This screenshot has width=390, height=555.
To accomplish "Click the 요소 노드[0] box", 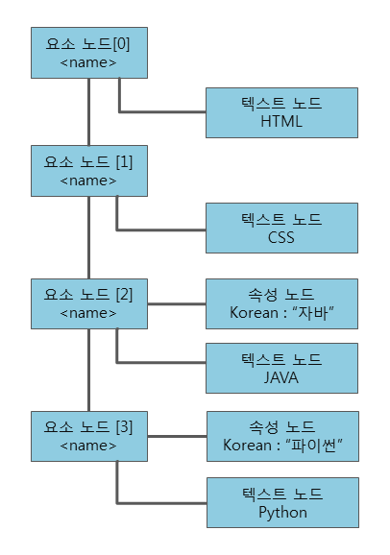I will tap(88, 54).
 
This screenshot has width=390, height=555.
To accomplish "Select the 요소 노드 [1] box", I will tap(88, 171).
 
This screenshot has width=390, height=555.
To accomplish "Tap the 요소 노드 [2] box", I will tap(88, 303).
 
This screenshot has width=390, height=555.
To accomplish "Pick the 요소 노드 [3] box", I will tap(88, 436).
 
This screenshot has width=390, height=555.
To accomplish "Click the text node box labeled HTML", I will tap(281, 112).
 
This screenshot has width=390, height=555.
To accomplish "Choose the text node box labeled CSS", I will tap(281, 229).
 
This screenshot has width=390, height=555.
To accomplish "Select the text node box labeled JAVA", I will tap(281, 369).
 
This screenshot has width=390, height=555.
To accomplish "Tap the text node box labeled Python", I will tap(281, 502).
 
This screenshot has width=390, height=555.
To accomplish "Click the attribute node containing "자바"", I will tap(281, 303).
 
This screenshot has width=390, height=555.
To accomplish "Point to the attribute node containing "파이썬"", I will tap(281, 436).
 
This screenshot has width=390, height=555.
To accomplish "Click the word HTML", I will tap(281, 122).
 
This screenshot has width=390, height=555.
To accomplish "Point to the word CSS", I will tap(281, 238).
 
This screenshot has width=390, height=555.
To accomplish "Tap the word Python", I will tap(281, 512).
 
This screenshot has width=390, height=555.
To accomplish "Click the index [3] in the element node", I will tap(123, 426).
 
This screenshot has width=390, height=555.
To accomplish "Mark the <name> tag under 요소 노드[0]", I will tap(88, 63).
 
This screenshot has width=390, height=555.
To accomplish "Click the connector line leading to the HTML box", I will tap(163, 112).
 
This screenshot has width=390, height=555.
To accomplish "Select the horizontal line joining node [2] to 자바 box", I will tap(176, 303).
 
